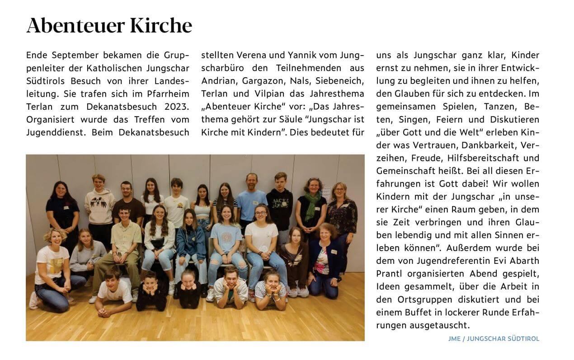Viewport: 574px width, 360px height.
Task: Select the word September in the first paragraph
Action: (x=76, y=56)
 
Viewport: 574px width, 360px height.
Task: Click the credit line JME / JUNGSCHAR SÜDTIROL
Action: (x=494, y=339)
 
